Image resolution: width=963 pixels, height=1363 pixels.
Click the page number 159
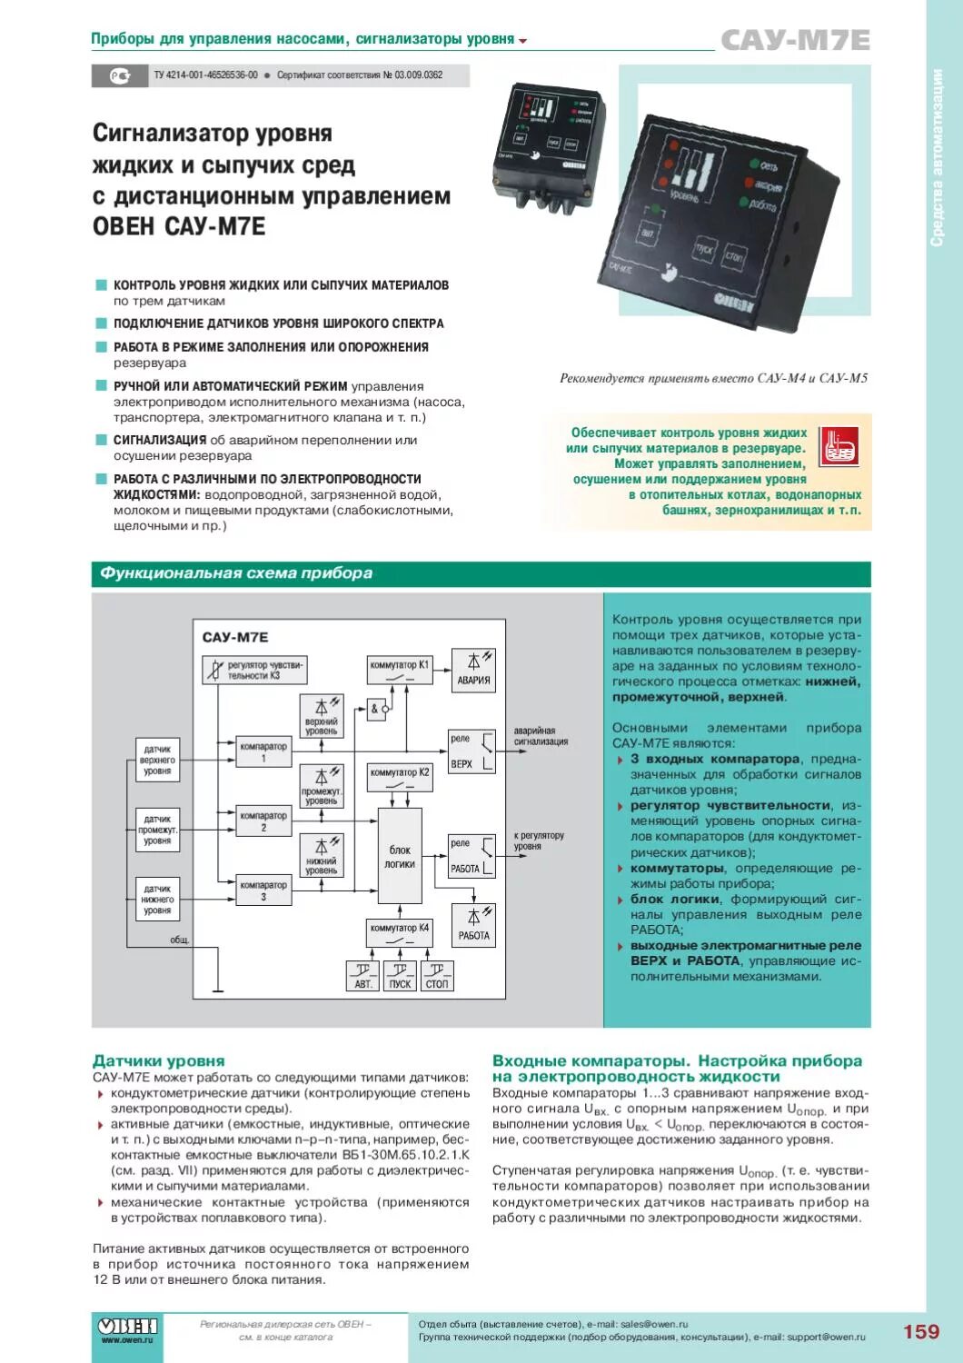click(920, 1331)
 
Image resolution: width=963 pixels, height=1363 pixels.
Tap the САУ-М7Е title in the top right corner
click(795, 41)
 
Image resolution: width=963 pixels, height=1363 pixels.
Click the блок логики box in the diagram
click(400, 856)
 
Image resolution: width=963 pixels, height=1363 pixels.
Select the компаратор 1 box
click(263, 751)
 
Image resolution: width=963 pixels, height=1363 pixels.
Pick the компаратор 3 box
click(263, 890)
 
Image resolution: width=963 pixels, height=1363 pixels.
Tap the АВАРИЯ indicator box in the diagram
click(473, 671)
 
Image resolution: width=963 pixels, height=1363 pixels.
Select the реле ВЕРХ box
click(472, 751)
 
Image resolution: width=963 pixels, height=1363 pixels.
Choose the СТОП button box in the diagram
click(437, 976)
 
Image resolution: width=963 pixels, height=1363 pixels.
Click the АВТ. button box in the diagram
click(363, 976)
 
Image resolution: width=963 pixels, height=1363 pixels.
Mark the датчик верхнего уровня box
click(157, 760)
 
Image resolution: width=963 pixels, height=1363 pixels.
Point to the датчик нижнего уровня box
click(157, 899)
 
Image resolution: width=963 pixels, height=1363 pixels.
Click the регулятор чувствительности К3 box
click(254, 670)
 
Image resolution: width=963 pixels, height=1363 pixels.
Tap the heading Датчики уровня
click(159, 1060)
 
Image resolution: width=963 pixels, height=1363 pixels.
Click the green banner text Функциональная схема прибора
click(236, 573)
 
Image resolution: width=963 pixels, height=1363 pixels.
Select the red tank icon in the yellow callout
click(838, 447)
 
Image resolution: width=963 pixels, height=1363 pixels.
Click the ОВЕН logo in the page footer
click(127, 1328)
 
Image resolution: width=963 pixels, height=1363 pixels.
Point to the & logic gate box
click(378, 709)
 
